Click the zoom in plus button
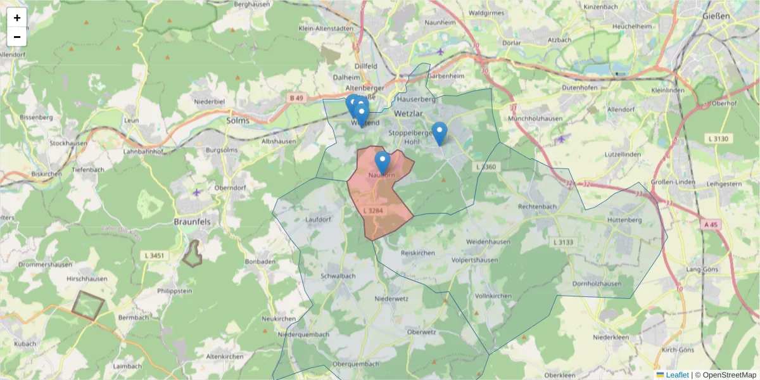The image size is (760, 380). pyautogui.click(x=17, y=18)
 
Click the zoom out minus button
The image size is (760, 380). pyautogui.click(x=17, y=37)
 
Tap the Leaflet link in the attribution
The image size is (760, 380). pyautogui.click(x=677, y=375)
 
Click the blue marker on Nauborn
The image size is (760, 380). pyautogui.click(x=382, y=162)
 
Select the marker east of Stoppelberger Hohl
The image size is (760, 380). pyautogui.click(x=439, y=132)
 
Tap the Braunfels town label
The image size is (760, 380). pyautogui.click(x=192, y=222)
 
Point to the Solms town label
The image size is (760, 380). pyautogui.click(x=238, y=120)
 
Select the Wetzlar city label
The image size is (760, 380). pyautogui.click(x=407, y=113)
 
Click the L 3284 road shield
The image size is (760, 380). pyautogui.click(x=373, y=210)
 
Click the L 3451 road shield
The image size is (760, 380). pyautogui.click(x=153, y=255)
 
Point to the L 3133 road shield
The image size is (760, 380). pyautogui.click(x=562, y=242)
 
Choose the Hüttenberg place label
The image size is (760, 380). pyautogui.click(x=624, y=220)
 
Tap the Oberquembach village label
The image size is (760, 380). pyautogui.click(x=355, y=364)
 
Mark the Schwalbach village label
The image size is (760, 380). pyautogui.click(x=338, y=276)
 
